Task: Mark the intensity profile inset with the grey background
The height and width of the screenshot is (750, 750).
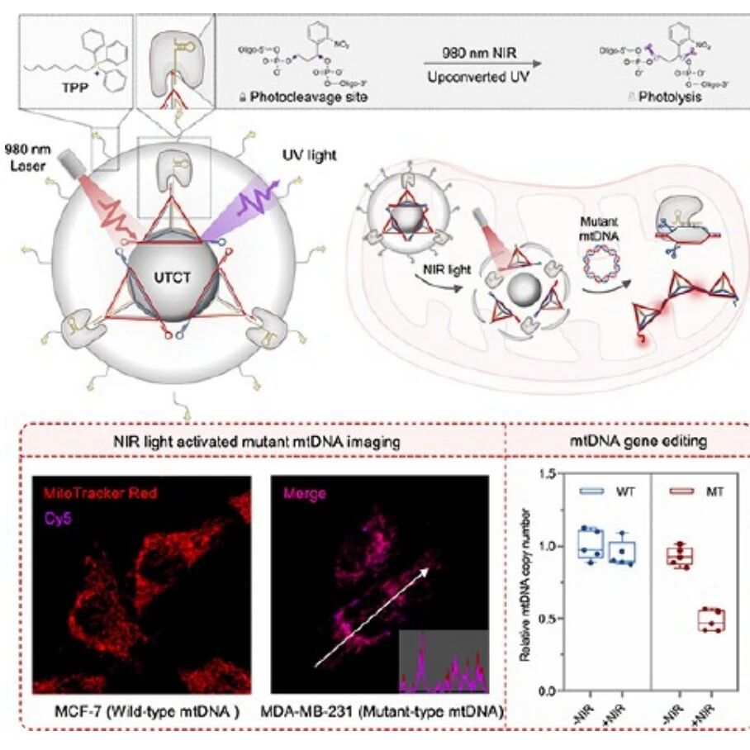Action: [444, 661]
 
